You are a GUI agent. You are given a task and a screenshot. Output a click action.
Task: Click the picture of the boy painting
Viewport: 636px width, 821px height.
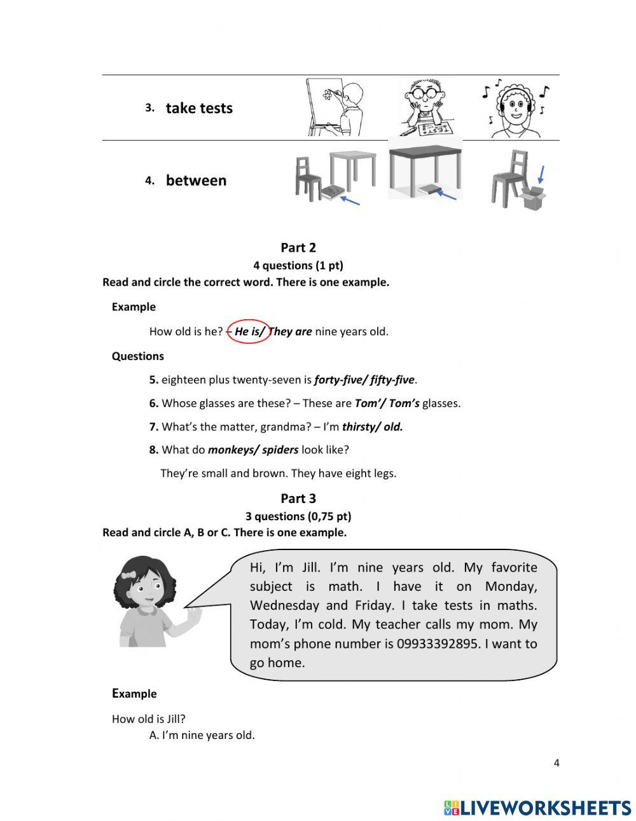click(x=335, y=107)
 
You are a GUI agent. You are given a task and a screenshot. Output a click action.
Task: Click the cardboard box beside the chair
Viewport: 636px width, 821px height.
click(x=532, y=197)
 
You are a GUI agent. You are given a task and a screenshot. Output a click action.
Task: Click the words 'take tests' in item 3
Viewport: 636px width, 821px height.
click(x=199, y=108)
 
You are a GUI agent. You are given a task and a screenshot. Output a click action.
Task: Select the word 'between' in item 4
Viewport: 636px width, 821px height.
click(x=196, y=181)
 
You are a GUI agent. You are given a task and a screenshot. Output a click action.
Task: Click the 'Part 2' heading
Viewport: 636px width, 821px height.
click(x=298, y=248)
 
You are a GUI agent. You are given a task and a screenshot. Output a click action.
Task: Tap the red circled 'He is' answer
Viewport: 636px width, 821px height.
click(x=248, y=331)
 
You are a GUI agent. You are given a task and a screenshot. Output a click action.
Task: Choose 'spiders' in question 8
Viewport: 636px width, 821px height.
click(x=280, y=450)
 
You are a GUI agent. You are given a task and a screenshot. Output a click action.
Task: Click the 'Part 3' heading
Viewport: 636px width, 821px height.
click(x=298, y=499)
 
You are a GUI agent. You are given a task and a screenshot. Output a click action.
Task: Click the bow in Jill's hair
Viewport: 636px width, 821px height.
click(x=129, y=575)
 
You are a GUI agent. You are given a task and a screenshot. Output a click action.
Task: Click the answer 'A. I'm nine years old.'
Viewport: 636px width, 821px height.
click(x=202, y=735)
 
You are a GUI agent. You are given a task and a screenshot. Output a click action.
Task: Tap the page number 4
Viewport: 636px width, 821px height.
click(x=556, y=763)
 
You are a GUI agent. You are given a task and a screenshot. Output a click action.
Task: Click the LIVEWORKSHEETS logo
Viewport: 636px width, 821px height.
click(x=537, y=808)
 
